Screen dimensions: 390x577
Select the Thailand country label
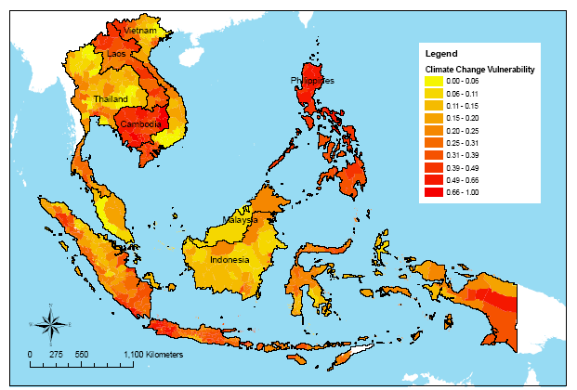[111, 98]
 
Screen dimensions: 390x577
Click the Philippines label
[311, 82]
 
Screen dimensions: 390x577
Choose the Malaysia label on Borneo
[239, 221]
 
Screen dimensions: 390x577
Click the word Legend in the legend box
[440, 55]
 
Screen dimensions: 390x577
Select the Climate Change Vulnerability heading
[479, 70]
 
